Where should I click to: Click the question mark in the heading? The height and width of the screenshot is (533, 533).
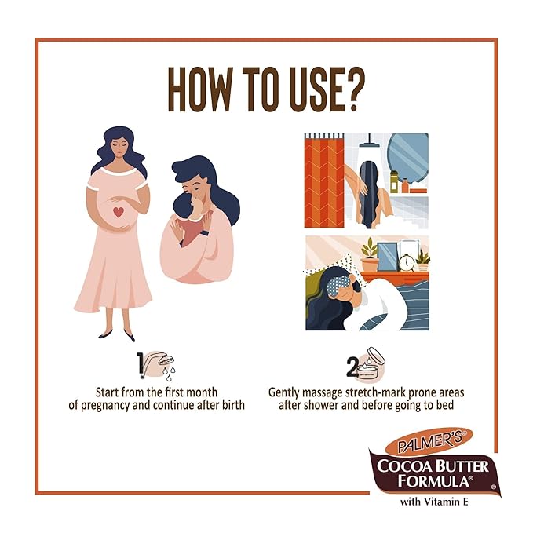pos(351,89)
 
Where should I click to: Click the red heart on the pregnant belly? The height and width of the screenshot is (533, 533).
pos(118,212)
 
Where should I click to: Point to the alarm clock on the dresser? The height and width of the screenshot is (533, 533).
pos(407,262)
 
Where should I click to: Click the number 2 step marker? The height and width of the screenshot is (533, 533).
pos(352,367)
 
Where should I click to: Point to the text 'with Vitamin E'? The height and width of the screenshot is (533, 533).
pos(434,502)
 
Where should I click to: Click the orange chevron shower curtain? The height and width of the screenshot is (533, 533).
pos(324,181)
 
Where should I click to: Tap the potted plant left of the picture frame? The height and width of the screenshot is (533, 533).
pos(370,254)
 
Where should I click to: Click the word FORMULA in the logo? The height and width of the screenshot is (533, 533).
pos(435,480)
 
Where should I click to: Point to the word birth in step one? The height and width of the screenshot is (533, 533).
pos(233,405)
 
